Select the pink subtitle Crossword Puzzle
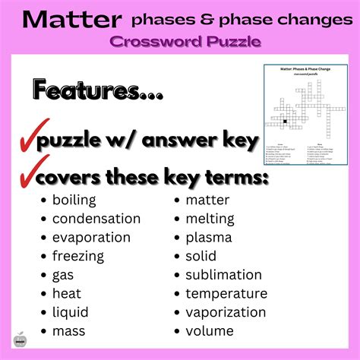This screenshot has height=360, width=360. (194, 42)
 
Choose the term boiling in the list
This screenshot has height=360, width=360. (74, 201)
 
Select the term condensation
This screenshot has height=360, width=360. (96, 219)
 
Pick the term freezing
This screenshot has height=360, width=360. (78, 257)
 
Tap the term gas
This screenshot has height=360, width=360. (63, 276)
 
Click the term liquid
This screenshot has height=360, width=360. (70, 312)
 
